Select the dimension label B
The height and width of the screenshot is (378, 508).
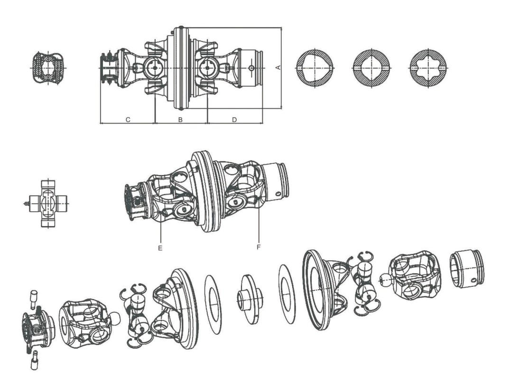point(180,120)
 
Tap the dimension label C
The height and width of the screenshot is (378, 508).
point(128,120)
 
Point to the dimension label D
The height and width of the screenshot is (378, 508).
point(234,120)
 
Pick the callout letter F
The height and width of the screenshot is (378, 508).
point(259,247)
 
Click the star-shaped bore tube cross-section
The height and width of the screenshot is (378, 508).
point(429,67)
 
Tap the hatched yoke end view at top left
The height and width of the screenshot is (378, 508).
point(47,67)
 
